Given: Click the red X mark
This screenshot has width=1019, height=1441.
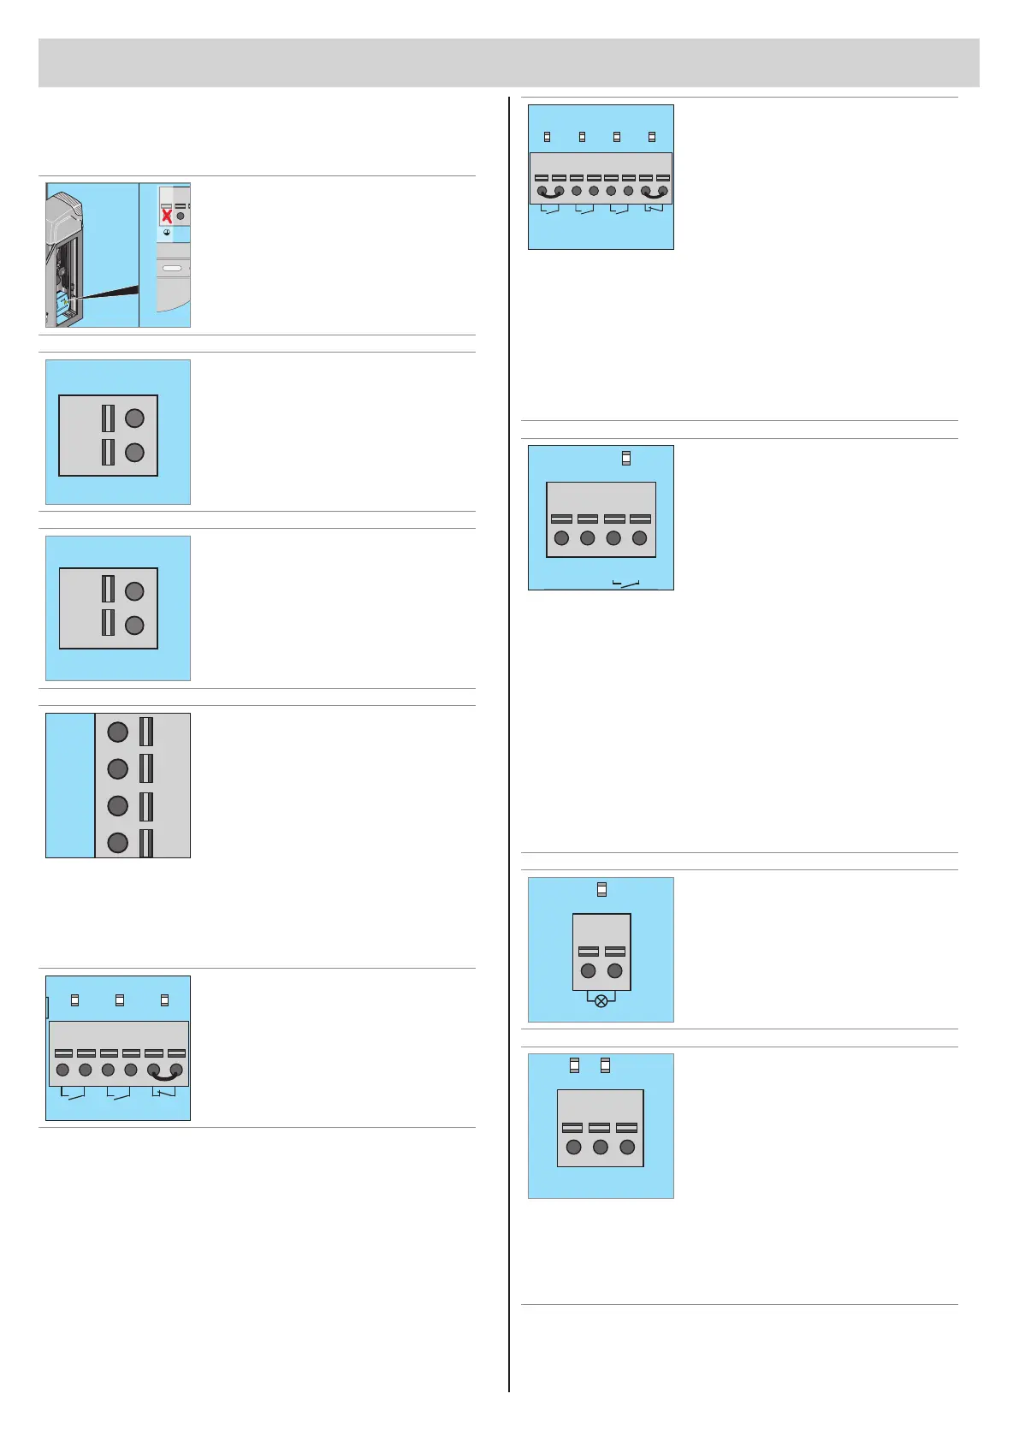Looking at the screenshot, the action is tap(167, 216).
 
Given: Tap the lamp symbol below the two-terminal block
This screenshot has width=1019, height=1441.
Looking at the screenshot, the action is tap(601, 1000).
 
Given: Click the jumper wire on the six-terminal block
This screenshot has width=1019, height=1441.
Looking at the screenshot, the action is tap(165, 1075).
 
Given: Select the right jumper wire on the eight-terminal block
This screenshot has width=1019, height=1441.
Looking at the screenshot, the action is tap(654, 196).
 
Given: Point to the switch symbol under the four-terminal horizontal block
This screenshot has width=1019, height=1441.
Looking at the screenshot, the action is tap(626, 584).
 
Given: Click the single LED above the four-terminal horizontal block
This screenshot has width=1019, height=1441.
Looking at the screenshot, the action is tap(626, 458).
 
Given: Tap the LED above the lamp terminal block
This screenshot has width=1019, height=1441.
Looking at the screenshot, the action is tap(601, 890).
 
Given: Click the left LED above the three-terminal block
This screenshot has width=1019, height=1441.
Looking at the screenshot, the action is tap(574, 1064).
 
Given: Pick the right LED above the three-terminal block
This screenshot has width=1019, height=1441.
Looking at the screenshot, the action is tap(606, 1064).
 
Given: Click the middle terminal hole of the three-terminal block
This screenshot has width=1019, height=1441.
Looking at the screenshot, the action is tap(601, 1147).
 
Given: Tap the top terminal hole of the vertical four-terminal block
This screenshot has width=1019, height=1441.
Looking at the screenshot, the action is tap(118, 732).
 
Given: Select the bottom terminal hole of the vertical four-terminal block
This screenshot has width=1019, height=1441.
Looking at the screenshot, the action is tap(118, 843).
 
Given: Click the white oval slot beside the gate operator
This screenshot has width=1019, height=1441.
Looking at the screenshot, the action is tap(172, 269).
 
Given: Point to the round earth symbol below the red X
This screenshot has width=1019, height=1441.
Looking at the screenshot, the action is tap(167, 233).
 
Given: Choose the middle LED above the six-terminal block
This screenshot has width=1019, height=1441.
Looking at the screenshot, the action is tap(120, 999).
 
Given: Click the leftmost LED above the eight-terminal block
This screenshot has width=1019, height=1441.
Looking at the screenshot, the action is tap(548, 137).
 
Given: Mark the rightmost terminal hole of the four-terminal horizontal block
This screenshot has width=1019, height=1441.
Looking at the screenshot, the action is tap(639, 538).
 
